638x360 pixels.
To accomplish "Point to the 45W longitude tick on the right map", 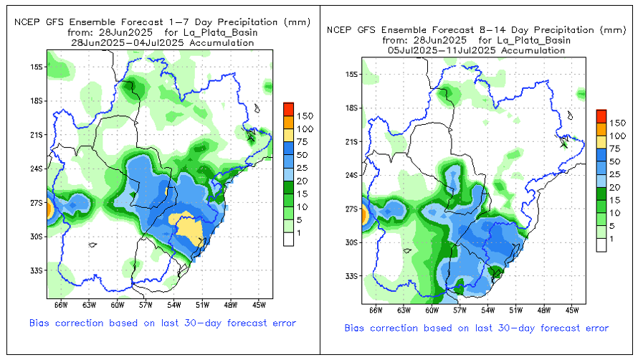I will (x=571, y=311).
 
